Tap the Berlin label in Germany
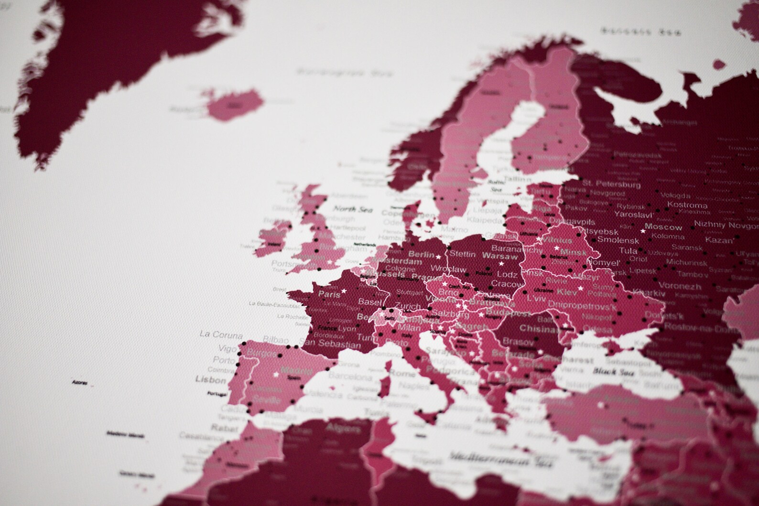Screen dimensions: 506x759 pos(422,255)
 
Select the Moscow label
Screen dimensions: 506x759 pos(663,227)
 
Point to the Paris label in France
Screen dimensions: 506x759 pos(329,294)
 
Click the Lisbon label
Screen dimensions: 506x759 pos(210,380)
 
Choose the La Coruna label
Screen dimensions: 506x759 pos(221,334)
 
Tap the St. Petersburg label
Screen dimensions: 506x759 pos(612,184)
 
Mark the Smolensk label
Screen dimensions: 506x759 pos(618,239)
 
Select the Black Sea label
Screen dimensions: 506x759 pos(614,371)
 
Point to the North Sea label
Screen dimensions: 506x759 pos(352,209)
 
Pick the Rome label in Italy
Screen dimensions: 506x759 pos(402,373)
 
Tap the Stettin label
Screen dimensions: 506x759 pos(463,254)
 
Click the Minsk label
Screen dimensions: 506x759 pos(573,252)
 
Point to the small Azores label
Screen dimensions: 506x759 pos(79,382)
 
